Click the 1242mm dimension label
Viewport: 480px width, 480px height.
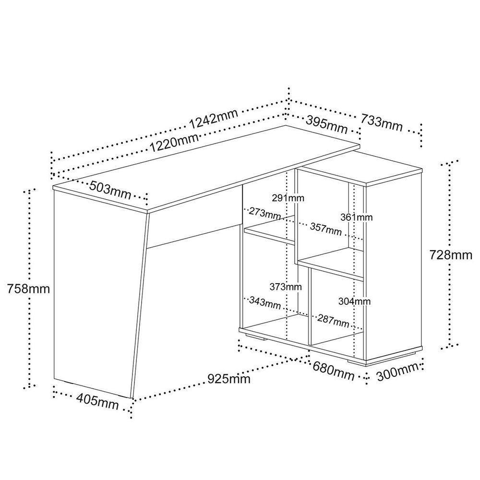[x=214, y=119]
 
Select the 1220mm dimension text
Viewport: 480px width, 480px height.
[x=174, y=142]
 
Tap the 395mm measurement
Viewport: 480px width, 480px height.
[x=326, y=125]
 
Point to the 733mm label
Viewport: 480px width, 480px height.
[x=381, y=122]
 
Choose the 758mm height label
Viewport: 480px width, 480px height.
[x=28, y=288]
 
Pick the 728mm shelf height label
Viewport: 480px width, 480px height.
[x=451, y=255]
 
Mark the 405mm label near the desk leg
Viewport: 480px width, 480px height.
[x=97, y=402]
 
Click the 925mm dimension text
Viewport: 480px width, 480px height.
[x=229, y=379]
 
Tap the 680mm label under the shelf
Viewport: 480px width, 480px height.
[x=334, y=371]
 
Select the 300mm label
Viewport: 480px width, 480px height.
[x=397, y=372]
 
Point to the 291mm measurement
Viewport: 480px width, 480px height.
[x=288, y=198]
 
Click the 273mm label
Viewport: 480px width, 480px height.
[x=265, y=214]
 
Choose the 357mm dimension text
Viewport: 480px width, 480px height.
[x=326, y=229]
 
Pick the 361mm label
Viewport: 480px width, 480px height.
[x=357, y=217]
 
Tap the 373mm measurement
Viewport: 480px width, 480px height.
[x=286, y=287]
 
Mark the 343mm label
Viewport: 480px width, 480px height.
[x=265, y=302]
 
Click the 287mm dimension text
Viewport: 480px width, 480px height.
[x=333, y=320]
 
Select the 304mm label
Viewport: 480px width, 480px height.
[x=355, y=301]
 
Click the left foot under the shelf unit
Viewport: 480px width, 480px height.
[x=255, y=337]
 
